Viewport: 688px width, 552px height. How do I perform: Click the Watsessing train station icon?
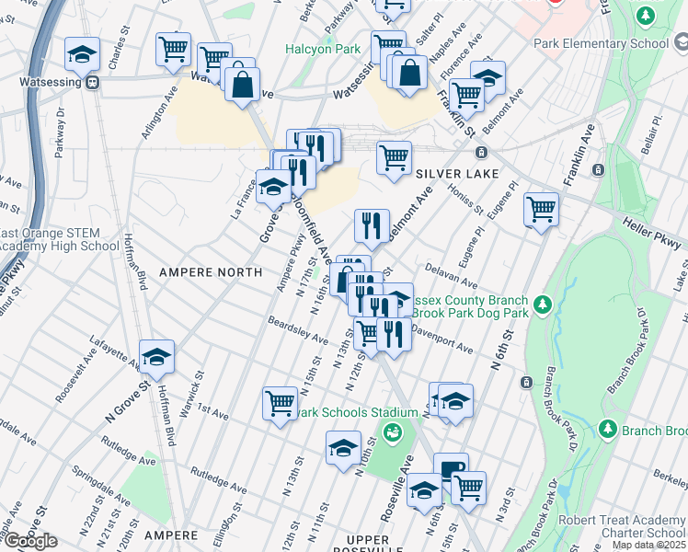92,81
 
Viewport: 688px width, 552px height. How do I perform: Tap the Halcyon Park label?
322,49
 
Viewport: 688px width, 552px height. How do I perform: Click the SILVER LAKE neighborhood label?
457,174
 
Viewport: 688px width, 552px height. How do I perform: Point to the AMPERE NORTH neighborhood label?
211,272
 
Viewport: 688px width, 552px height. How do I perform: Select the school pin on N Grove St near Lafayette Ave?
157,357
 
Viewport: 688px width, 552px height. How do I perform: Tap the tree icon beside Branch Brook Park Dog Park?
543,304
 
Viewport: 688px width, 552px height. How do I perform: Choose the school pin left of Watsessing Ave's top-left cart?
83,54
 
